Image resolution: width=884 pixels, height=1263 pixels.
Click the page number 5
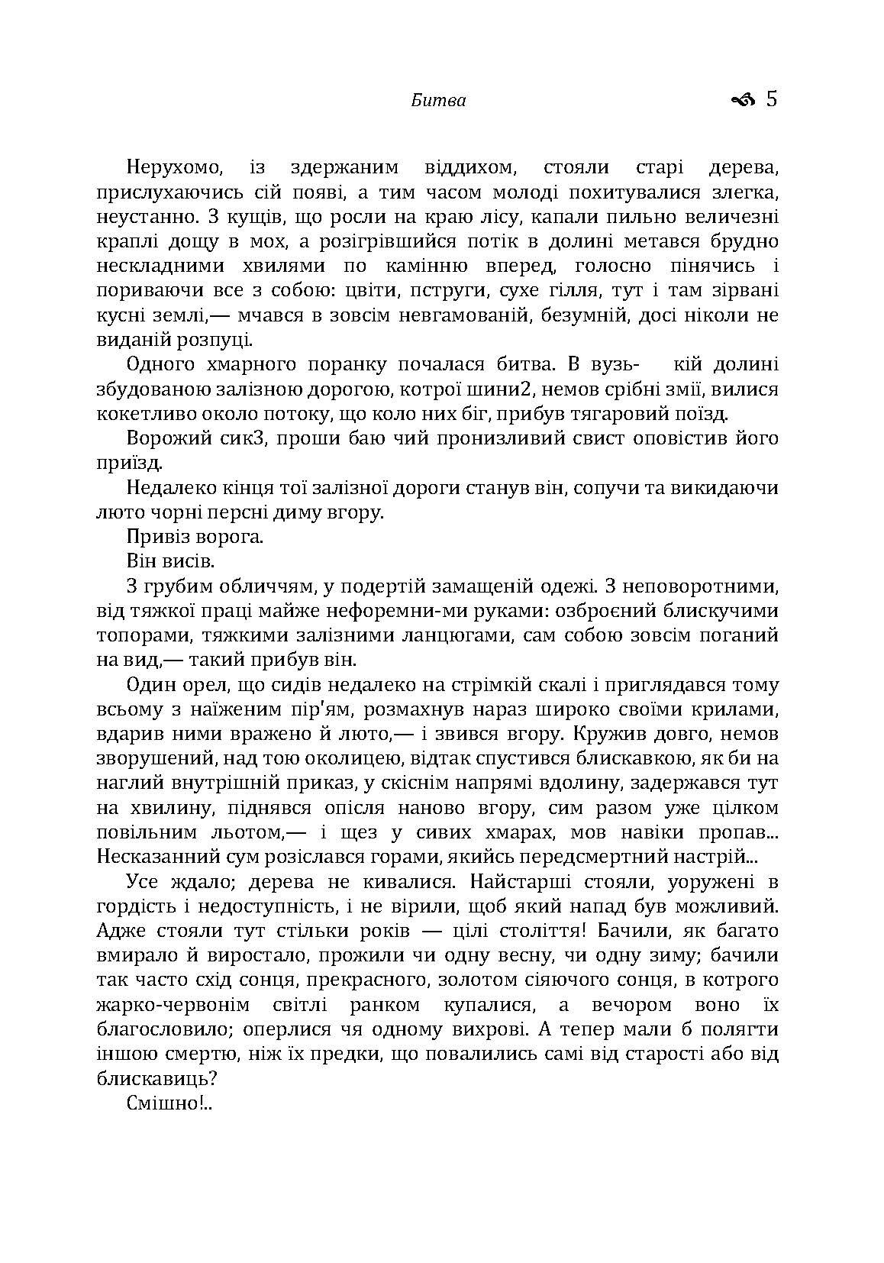[x=771, y=99]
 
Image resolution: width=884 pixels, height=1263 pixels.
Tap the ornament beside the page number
[x=743, y=99]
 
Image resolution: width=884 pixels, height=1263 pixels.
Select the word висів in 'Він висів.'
[x=186, y=561]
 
